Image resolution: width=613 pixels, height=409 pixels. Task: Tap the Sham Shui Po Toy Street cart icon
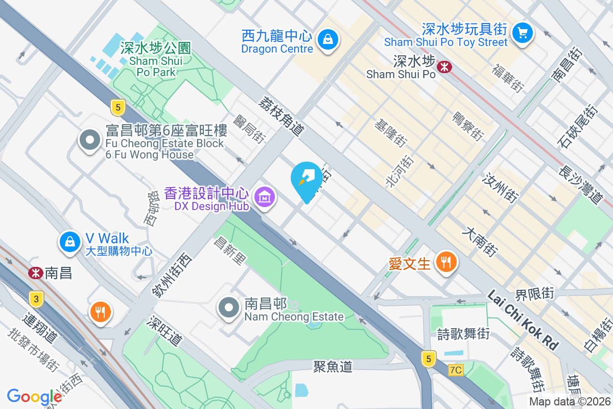click(522, 33)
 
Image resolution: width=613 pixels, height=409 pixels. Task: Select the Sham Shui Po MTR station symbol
click(444, 66)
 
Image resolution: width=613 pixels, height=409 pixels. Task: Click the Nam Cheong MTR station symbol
click(35, 273)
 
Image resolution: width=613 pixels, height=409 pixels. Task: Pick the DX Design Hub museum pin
click(265, 197)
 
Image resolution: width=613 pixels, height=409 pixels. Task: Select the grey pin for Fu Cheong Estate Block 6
click(90, 139)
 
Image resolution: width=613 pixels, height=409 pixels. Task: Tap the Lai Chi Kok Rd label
click(523, 320)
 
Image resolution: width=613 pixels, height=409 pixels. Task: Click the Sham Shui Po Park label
click(156, 60)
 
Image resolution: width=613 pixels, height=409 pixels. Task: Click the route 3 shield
click(35, 299)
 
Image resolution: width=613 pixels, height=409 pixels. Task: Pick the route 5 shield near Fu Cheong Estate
click(117, 107)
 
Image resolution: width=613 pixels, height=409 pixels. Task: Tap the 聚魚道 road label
click(333, 366)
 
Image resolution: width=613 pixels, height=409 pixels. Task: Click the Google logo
click(34, 397)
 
